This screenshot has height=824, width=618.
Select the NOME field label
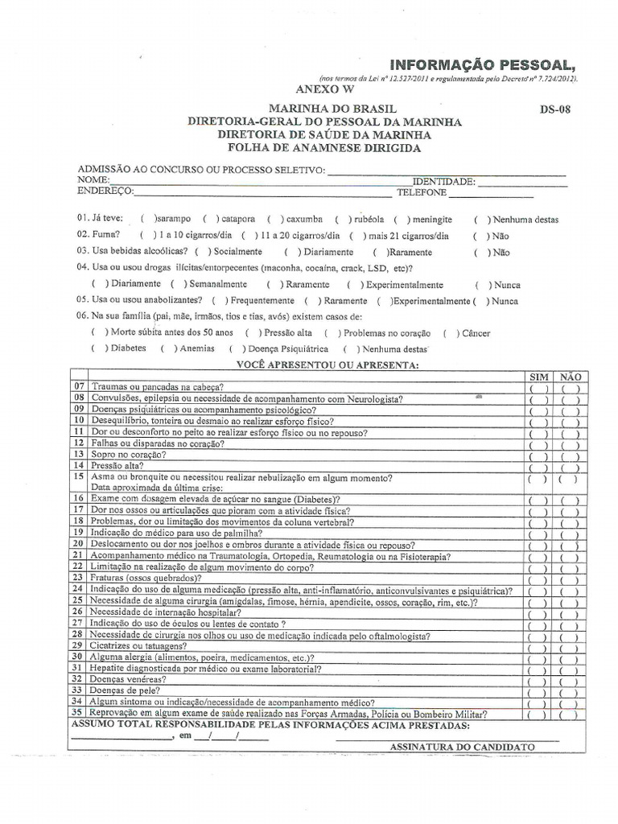93,181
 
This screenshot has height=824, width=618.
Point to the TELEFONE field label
421,193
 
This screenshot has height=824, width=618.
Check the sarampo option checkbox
146,219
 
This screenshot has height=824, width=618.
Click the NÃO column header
571,377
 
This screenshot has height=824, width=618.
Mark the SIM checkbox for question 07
538,388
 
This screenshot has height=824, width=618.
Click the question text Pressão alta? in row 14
117,466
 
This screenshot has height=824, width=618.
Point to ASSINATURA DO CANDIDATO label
462,747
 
